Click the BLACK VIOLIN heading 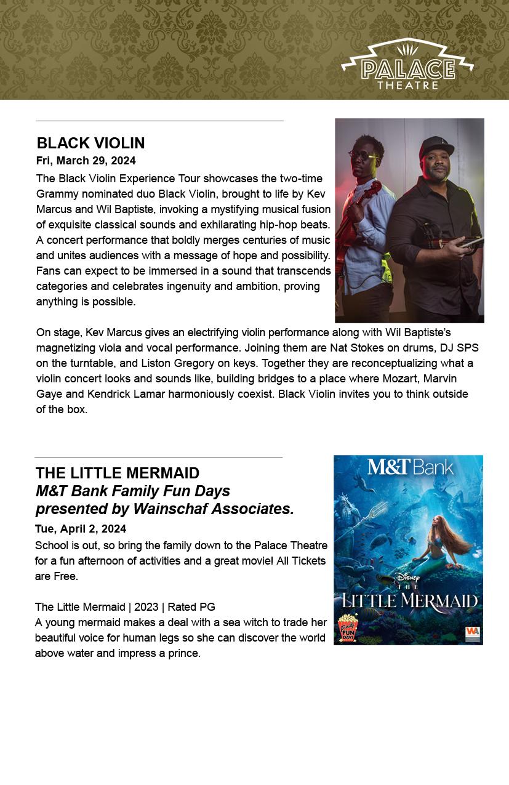(90, 143)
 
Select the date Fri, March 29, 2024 (86, 161)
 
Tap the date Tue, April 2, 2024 (81, 529)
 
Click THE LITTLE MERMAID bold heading (117, 473)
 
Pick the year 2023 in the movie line (145, 607)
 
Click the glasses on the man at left (364, 155)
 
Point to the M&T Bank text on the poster (410, 467)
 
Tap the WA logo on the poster (472, 632)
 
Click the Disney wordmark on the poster (407, 578)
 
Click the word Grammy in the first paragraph (55, 194)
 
